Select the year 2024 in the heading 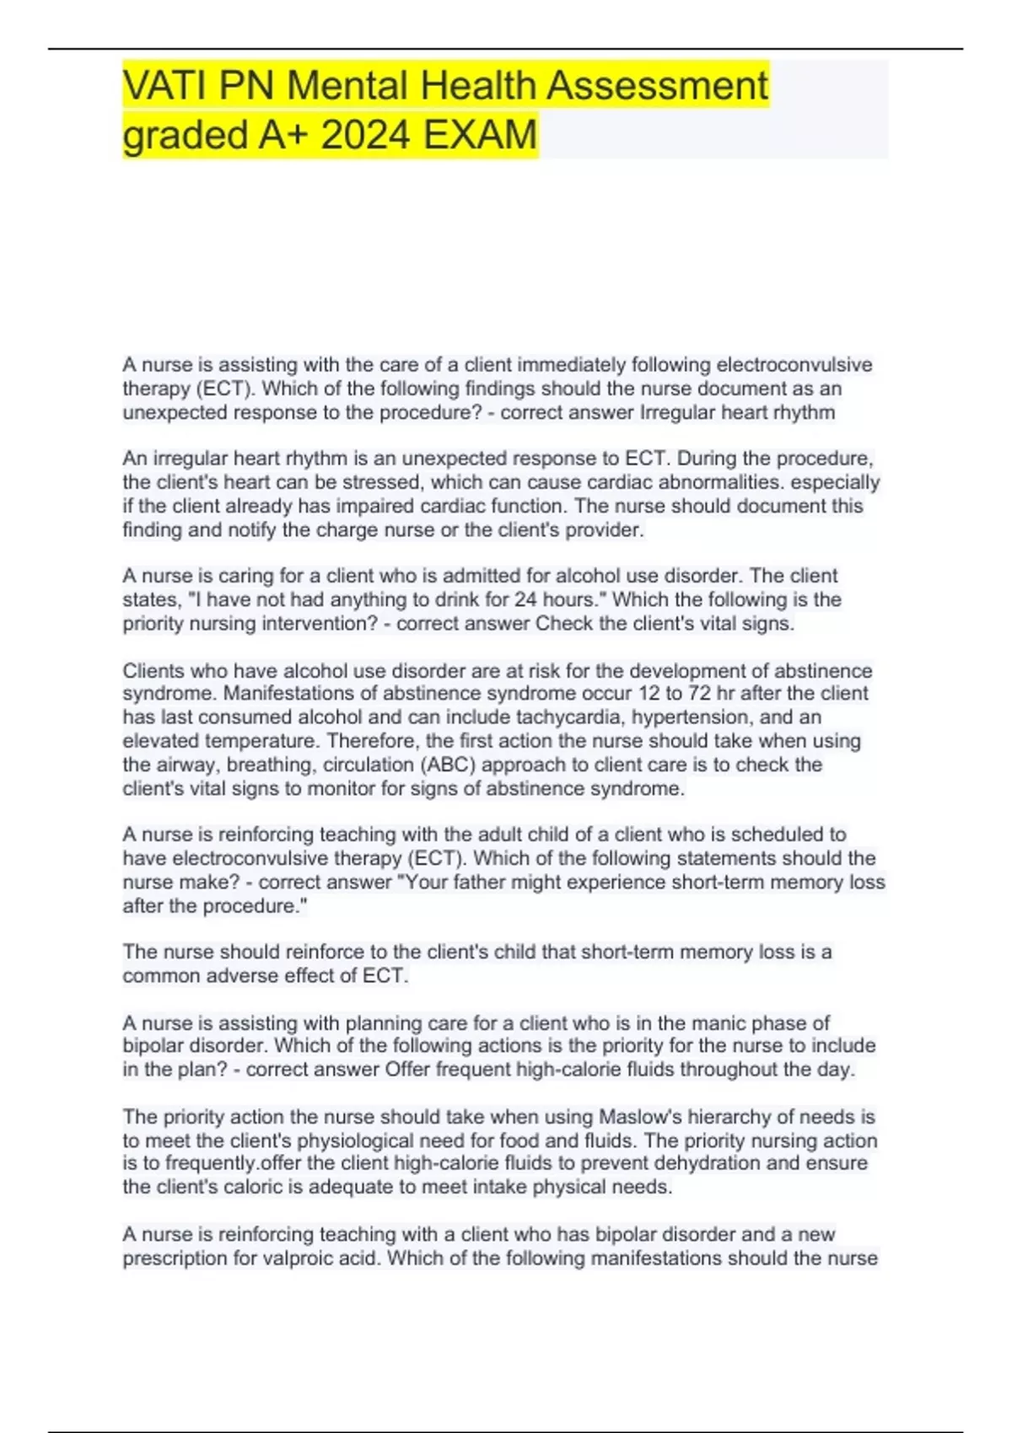point(365,135)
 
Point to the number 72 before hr point(698,694)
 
